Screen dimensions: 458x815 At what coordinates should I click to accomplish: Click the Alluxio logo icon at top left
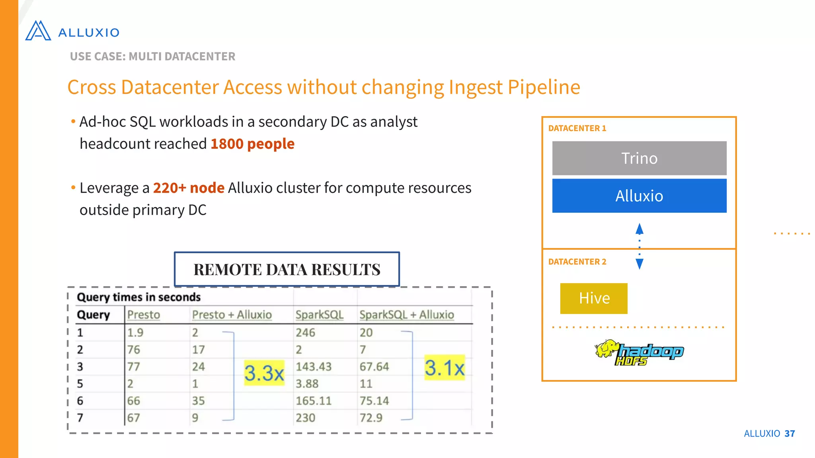(x=38, y=31)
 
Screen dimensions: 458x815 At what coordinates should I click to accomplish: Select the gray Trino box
(x=639, y=158)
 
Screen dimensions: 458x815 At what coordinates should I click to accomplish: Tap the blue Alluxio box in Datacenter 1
(x=639, y=196)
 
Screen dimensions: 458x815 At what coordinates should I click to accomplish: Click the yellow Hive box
(x=594, y=298)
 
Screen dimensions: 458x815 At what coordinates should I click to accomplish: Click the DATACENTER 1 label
(x=577, y=128)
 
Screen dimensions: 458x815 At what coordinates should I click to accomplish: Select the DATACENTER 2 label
(x=577, y=262)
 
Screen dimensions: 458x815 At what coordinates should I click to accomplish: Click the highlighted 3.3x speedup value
(x=264, y=373)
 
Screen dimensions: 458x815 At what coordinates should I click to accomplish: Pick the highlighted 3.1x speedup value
(x=445, y=367)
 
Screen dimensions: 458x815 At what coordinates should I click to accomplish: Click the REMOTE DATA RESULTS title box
(x=287, y=269)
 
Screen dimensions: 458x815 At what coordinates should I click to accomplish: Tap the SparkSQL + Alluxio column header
(x=406, y=314)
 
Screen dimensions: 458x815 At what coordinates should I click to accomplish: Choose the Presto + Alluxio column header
(x=232, y=314)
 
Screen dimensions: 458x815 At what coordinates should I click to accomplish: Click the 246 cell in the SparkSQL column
(x=305, y=332)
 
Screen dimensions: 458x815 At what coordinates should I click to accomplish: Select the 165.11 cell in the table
(x=313, y=401)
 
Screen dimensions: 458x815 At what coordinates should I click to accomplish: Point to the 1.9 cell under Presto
(x=135, y=332)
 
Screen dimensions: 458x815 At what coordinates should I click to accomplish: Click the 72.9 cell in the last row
(x=371, y=418)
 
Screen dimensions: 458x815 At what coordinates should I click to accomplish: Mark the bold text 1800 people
(x=252, y=144)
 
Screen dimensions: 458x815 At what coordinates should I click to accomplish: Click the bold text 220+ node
(x=189, y=188)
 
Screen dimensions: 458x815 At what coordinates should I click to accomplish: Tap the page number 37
(x=790, y=433)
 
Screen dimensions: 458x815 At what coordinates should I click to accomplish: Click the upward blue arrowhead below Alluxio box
(x=640, y=229)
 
